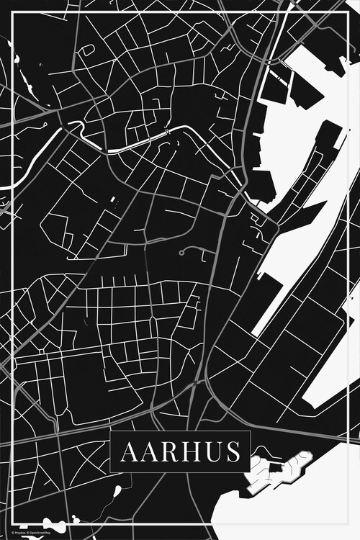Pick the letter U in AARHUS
point(209,452)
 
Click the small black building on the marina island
point(274,469)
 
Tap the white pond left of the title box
point(115,494)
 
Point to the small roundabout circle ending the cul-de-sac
point(182,253)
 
